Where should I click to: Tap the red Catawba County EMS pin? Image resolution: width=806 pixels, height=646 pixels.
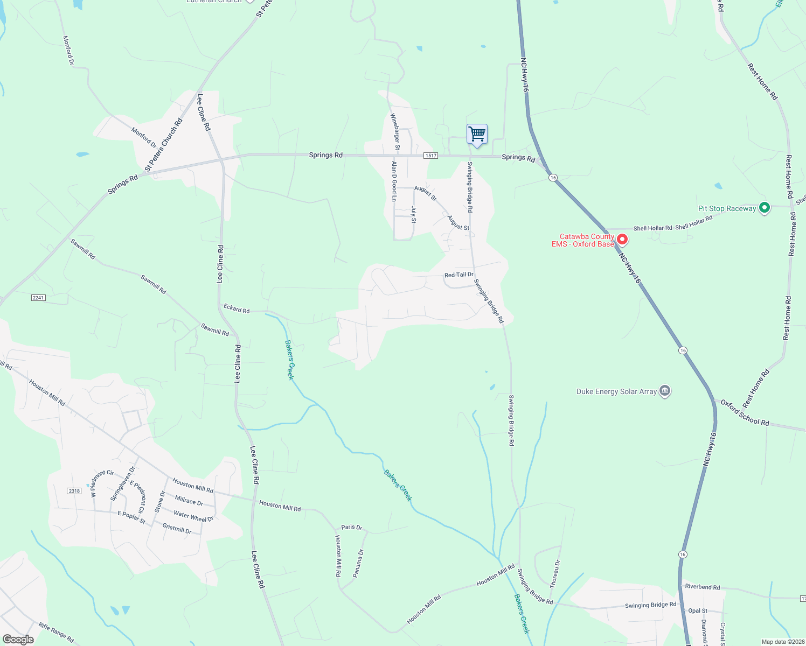click(x=622, y=239)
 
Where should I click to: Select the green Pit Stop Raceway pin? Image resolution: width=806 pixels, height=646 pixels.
click(x=764, y=208)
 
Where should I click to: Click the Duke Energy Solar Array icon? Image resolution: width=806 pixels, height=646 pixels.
click(x=665, y=391)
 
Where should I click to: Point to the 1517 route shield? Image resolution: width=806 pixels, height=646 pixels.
click(x=430, y=156)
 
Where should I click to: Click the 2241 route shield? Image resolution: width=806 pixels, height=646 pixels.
click(x=38, y=298)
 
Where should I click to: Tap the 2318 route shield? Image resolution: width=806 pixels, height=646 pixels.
click(x=74, y=491)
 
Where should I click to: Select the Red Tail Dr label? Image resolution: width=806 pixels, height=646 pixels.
click(x=458, y=275)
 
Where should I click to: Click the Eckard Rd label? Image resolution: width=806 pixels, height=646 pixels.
click(x=237, y=308)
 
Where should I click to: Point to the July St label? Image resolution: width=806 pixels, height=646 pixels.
click(x=414, y=214)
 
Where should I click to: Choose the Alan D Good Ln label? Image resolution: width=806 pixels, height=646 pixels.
click(x=394, y=181)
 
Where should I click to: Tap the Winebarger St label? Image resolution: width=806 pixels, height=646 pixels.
click(x=395, y=131)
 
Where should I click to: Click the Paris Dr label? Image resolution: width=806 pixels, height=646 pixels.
click(x=352, y=528)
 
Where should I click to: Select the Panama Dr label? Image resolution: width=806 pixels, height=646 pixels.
click(x=358, y=563)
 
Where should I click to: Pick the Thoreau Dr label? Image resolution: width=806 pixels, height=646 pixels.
click(x=555, y=574)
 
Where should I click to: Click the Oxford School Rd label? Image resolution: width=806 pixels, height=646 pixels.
click(x=745, y=413)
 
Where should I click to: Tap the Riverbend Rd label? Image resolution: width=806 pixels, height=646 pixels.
click(x=703, y=587)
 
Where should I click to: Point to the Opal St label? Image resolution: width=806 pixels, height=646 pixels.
click(x=698, y=610)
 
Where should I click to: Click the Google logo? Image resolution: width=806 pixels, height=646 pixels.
click(x=18, y=640)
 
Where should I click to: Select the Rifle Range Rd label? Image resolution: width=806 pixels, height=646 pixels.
click(x=56, y=632)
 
